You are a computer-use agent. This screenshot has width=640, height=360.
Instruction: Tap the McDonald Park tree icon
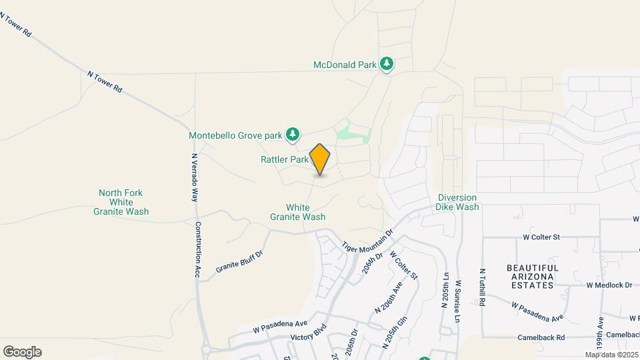point(387,64)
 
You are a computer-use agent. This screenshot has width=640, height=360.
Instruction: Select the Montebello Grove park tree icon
point(292,135)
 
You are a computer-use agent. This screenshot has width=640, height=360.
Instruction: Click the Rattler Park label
point(285,159)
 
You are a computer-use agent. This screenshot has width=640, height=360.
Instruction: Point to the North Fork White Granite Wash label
point(121,202)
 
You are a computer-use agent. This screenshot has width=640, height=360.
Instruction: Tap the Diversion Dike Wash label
point(458,202)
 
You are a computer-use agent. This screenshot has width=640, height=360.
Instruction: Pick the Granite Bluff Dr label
point(240,261)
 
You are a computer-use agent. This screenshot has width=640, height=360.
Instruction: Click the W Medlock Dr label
point(609,285)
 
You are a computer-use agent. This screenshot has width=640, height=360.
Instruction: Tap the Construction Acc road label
point(197,249)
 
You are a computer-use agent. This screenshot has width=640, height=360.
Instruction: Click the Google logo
point(22,351)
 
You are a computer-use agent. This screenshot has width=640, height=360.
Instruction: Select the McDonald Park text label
point(345,65)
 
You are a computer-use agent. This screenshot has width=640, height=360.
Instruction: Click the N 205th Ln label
point(444,290)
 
